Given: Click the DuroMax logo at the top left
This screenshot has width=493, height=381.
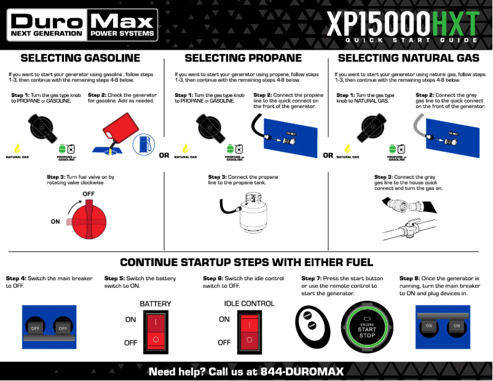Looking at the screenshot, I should pyautogui.click(x=82, y=25).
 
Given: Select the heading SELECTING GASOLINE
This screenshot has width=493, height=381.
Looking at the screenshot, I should pyautogui.click(x=81, y=58).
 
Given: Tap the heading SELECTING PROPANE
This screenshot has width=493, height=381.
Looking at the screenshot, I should pyautogui.click(x=243, y=58).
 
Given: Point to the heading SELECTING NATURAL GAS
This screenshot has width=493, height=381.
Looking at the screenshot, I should pyautogui.click(x=408, y=58).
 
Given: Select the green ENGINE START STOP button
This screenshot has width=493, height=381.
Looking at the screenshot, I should pyautogui.click(x=367, y=328).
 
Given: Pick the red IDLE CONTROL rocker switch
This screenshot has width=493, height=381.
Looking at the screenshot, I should pyautogui.click(x=248, y=330).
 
